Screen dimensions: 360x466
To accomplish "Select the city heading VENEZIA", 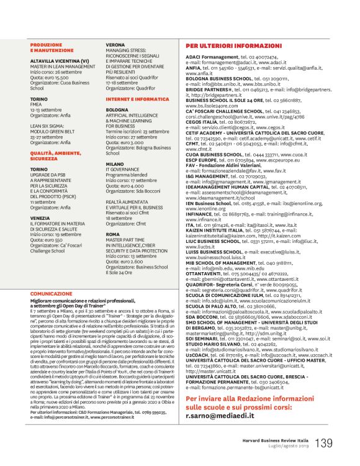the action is click(x=40, y=218).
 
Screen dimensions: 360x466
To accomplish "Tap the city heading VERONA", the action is click(x=115, y=45).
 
